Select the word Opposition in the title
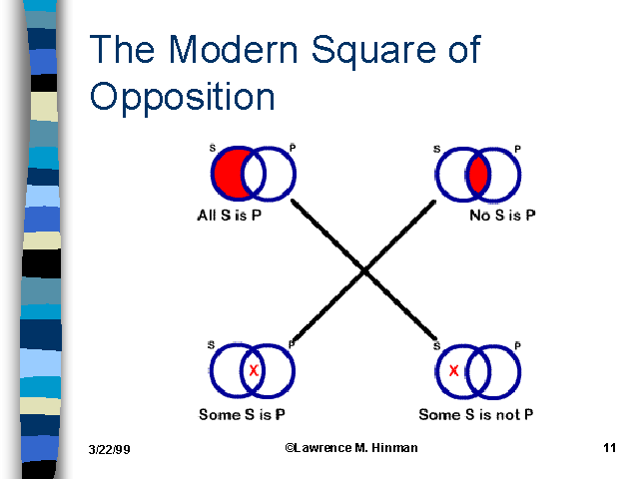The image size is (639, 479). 182,96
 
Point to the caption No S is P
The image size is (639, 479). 502,215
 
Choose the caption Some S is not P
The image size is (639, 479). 477,414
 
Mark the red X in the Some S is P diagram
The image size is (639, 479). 254,371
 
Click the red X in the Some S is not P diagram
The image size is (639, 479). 454,371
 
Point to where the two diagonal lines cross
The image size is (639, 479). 363,270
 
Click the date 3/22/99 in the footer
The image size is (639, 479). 109,451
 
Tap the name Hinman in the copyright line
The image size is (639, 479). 395,448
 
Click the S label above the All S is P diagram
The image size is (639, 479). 212,149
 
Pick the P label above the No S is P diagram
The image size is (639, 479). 516,150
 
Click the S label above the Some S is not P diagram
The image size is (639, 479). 437,344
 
